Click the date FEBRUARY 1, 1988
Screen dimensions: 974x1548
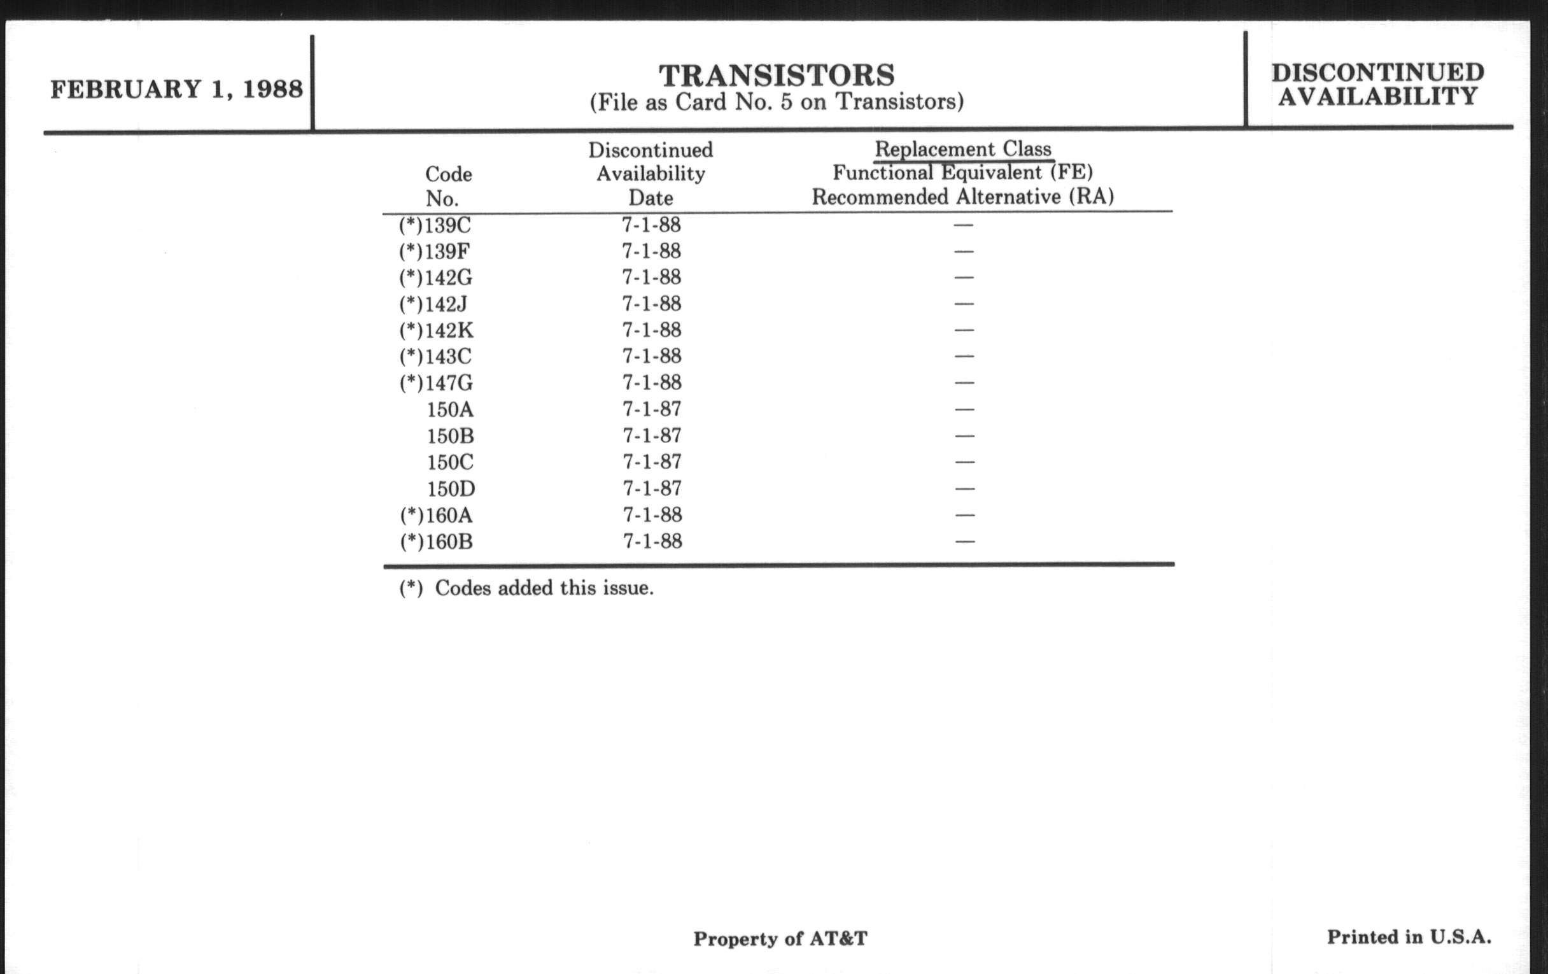pyautogui.click(x=176, y=89)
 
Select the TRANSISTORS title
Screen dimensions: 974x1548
pyautogui.click(x=777, y=75)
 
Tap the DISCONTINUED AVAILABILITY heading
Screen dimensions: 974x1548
pyautogui.click(x=1377, y=84)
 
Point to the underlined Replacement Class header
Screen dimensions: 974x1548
pyautogui.click(x=962, y=149)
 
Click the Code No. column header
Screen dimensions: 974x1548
pyautogui.click(x=448, y=186)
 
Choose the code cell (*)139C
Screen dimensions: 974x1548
pyautogui.click(x=435, y=225)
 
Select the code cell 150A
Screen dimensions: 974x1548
pyautogui.click(x=450, y=409)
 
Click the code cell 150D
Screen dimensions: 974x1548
pyautogui.click(x=451, y=490)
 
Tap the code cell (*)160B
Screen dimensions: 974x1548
pyautogui.click(x=437, y=542)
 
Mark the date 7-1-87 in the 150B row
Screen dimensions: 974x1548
pyautogui.click(x=651, y=436)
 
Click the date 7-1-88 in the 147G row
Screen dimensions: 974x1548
pyautogui.click(x=651, y=383)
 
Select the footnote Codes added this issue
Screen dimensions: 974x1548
pyautogui.click(x=526, y=588)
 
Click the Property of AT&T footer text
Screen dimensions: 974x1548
pyautogui.click(x=780, y=939)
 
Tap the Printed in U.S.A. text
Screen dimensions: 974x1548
pyautogui.click(x=1409, y=937)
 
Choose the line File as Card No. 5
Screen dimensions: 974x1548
pyautogui.click(x=777, y=102)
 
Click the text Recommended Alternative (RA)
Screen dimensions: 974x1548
pyautogui.click(x=962, y=197)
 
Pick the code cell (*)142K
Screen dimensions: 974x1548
pyautogui.click(x=436, y=330)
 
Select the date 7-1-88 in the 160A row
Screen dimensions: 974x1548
pyautogui.click(x=651, y=515)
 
